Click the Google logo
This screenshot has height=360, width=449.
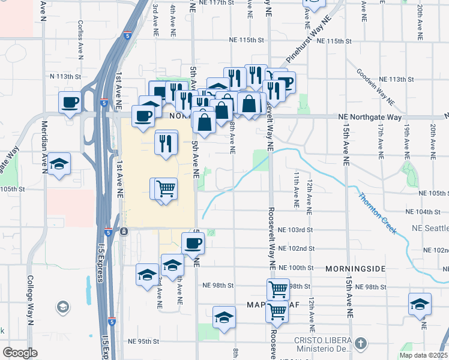click(x=20, y=353)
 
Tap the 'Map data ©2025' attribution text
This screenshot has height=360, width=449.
click(x=423, y=355)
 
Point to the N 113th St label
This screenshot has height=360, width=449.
click(x=65, y=77)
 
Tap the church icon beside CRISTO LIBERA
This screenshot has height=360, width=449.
click(x=360, y=344)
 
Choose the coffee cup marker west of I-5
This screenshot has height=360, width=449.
click(x=70, y=101)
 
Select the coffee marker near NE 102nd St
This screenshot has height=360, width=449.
click(x=193, y=243)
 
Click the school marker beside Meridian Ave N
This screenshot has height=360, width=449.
click(x=59, y=164)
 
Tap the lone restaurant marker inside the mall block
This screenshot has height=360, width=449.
click(x=166, y=142)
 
